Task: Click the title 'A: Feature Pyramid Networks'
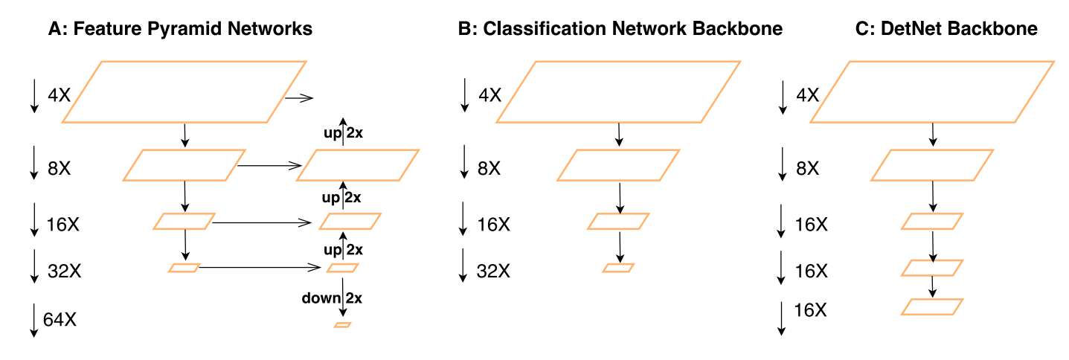point(179,29)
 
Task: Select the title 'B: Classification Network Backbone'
point(620,29)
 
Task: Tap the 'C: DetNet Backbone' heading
point(936,29)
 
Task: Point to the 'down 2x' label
point(332,298)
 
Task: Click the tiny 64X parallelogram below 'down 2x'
point(342,325)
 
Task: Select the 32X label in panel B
point(494,271)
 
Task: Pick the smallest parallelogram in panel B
point(618,268)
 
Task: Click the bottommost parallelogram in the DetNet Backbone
point(932,306)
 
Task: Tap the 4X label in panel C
point(809,95)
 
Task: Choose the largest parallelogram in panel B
point(618,91)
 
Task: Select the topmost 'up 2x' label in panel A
point(342,134)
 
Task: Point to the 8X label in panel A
point(59,169)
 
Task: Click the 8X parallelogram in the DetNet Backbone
point(932,165)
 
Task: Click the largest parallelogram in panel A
point(184,91)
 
